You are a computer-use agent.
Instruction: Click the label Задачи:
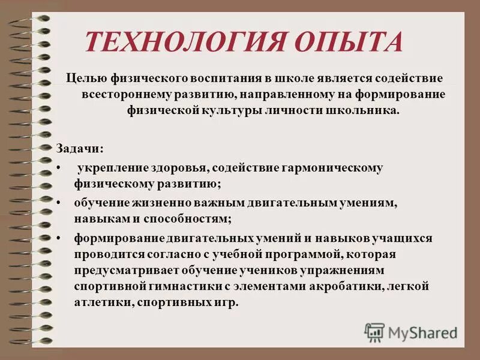coord(79,148)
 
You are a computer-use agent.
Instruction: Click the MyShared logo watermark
coord(411,332)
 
